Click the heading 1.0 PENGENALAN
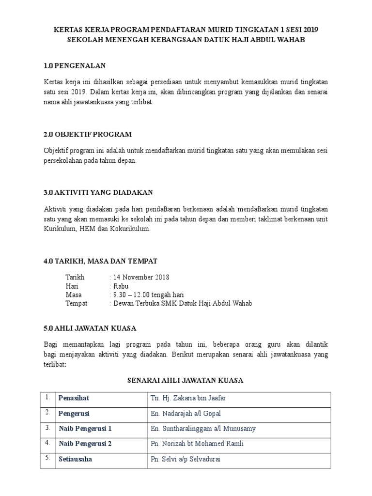click(x=75, y=65)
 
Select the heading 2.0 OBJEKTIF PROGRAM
click(x=88, y=134)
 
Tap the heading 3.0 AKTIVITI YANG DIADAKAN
click(x=98, y=192)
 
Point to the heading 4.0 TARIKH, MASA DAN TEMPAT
click(x=100, y=261)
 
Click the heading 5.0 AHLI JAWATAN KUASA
click(x=90, y=328)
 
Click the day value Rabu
click(x=121, y=286)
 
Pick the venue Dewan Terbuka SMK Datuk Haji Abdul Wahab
click(x=183, y=304)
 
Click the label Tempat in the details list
click(x=77, y=304)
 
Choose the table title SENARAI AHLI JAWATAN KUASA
click(x=185, y=380)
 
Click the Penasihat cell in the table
click(x=74, y=399)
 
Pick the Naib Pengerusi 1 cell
click(x=85, y=429)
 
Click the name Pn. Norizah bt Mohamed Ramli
click(x=197, y=444)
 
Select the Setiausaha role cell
click(x=75, y=459)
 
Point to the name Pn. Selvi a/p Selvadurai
click(x=186, y=459)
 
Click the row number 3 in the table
click(x=47, y=428)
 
